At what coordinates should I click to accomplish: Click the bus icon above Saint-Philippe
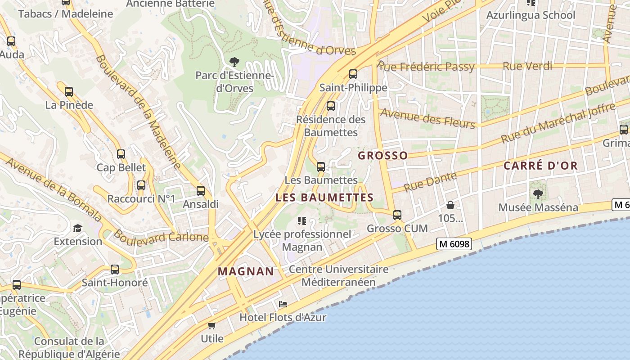(353, 74)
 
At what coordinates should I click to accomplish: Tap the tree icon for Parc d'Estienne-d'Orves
(234, 62)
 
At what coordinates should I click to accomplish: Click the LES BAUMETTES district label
(324, 198)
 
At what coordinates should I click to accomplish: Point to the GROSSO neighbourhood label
(382, 156)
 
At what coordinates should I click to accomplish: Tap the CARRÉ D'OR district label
(540, 166)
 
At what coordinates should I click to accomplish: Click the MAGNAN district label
(246, 271)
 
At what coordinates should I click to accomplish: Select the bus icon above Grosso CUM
(397, 215)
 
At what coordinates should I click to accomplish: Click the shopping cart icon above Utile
(211, 325)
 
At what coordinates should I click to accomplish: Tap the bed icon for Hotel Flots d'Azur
(283, 305)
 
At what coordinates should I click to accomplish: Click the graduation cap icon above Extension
(78, 228)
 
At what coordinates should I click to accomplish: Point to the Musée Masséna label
(538, 207)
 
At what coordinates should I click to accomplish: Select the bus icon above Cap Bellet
(121, 154)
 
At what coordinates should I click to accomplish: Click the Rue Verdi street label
(527, 66)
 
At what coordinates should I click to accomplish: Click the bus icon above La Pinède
(69, 92)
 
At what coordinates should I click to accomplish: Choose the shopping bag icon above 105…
(450, 206)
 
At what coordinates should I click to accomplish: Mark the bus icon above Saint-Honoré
(115, 270)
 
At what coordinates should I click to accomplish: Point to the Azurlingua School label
(531, 15)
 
